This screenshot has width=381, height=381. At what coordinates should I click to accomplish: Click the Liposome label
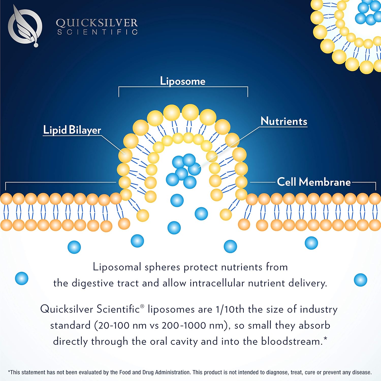(183, 81)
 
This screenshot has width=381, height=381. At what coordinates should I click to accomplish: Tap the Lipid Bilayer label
(72, 130)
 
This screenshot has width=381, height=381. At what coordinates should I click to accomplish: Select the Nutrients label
(284, 121)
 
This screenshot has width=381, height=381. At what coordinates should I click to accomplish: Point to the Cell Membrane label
(314, 182)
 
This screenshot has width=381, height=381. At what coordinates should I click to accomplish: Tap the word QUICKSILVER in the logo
(97, 23)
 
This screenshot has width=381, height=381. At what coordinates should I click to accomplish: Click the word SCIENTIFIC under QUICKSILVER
(98, 32)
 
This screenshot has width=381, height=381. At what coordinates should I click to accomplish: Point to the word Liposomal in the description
(117, 267)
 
